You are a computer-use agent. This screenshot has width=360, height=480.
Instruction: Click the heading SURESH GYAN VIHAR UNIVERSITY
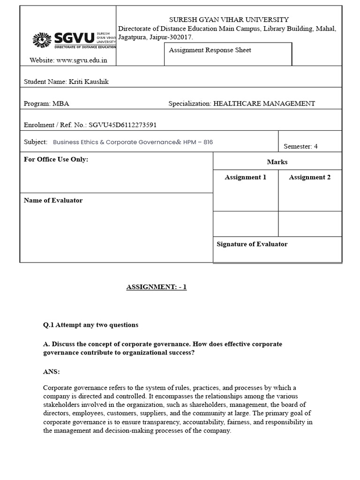pos(229,20)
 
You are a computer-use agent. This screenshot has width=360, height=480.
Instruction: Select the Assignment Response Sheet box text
pos(210,50)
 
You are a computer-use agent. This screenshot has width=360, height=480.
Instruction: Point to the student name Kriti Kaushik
pos(89,82)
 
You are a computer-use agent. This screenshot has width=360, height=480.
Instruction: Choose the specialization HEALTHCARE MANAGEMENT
pos(264,104)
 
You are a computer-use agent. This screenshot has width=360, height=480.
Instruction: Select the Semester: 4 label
pos(300,146)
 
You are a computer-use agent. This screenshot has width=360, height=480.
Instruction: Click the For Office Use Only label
pos(56,159)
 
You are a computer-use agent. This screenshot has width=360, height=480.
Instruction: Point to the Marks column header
pos(277,162)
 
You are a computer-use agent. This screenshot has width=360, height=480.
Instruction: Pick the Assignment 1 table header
pos(245,177)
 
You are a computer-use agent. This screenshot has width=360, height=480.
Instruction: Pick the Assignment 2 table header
pos(309,177)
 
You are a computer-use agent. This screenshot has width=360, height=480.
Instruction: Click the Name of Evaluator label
pos(53,200)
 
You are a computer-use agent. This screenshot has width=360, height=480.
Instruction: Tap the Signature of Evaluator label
pos(252,244)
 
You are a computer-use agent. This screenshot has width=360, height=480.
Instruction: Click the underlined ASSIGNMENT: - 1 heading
pos(156,287)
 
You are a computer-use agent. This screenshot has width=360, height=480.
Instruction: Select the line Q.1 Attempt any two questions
pos(90,325)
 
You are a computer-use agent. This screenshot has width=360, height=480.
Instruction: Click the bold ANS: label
pos(51,372)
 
